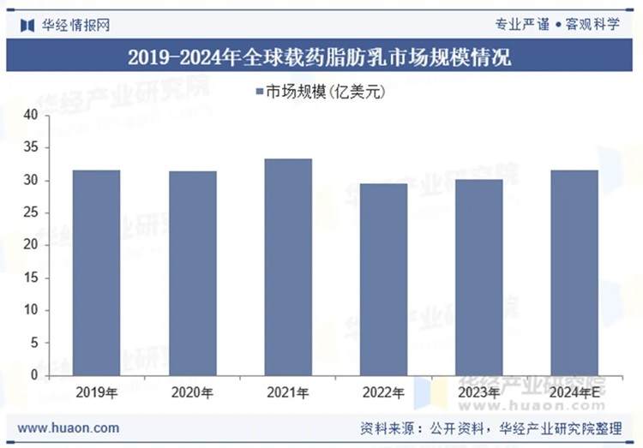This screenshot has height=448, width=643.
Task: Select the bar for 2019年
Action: (96, 272)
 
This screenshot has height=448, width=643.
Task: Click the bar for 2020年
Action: (192, 273)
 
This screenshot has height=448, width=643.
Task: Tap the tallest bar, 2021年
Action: (288, 266)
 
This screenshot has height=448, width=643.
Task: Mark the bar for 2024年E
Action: (574, 272)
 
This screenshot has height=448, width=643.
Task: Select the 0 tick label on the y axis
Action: (33, 375)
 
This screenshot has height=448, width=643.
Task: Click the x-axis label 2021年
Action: (288, 392)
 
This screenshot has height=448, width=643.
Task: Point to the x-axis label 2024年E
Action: (574, 392)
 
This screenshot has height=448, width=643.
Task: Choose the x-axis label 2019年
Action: (96, 392)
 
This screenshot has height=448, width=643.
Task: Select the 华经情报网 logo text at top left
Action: (75, 24)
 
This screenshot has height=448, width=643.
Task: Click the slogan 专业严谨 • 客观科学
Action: (556, 24)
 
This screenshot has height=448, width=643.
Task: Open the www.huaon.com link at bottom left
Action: (69, 427)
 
